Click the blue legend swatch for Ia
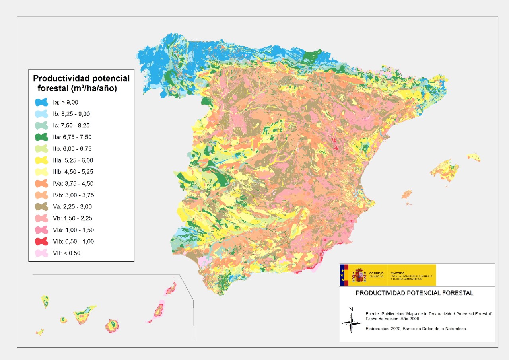[x=41, y=103]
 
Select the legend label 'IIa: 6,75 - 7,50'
[x=75, y=137]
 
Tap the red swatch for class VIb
[x=41, y=241]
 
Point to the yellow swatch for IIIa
[x=41, y=160]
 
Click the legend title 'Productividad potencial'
[x=81, y=78]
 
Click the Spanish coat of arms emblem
[x=359, y=275]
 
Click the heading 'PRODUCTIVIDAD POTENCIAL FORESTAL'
[x=414, y=293]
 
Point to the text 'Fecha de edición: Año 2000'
[x=392, y=319]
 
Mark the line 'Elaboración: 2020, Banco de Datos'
[x=416, y=329]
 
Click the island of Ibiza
[x=406, y=194]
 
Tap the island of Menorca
[x=474, y=156]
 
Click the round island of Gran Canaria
[x=113, y=325]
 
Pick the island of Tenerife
[x=84, y=314]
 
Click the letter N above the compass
[x=351, y=309]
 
